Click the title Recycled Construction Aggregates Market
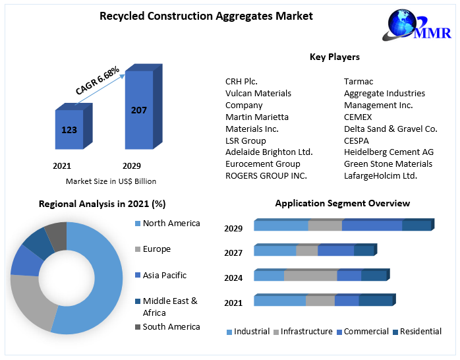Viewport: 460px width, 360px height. (x=206, y=16)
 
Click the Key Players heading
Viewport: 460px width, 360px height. (x=334, y=57)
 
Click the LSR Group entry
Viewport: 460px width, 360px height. (x=246, y=140)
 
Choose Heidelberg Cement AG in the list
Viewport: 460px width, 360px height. (x=389, y=152)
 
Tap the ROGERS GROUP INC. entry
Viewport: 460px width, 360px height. (x=266, y=175)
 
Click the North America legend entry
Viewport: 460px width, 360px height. (x=171, y=224)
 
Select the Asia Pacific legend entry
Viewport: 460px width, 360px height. (x=164, y=275)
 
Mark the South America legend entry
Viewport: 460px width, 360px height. (x=171, y=327)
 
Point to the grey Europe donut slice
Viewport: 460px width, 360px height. (x=29, y=300)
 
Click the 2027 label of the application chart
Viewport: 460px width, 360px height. (x=233, y=253)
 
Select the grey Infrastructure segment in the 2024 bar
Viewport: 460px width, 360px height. (x=310, y=276)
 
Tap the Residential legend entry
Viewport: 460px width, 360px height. (x=420, y=332)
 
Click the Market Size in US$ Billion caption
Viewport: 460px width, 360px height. (x=111, y=181)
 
